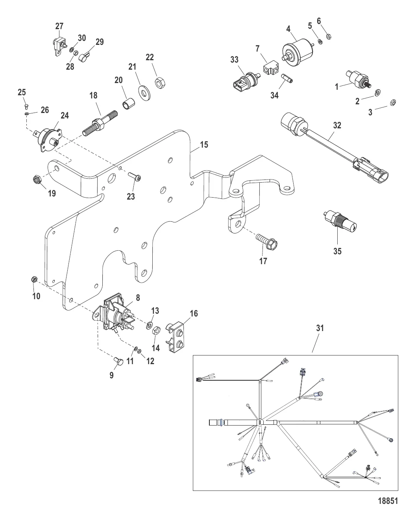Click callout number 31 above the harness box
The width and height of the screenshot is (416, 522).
tap(320, 328)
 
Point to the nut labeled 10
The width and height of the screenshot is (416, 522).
tap(34, 280)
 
